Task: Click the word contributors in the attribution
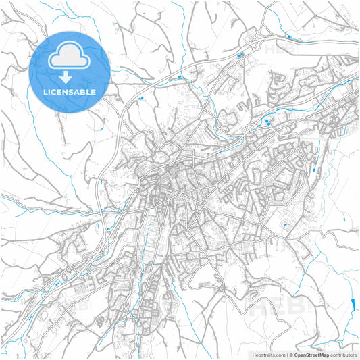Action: (344, 354)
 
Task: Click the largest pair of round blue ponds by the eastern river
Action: (269, 122)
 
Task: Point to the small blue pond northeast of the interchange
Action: (288, 36)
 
